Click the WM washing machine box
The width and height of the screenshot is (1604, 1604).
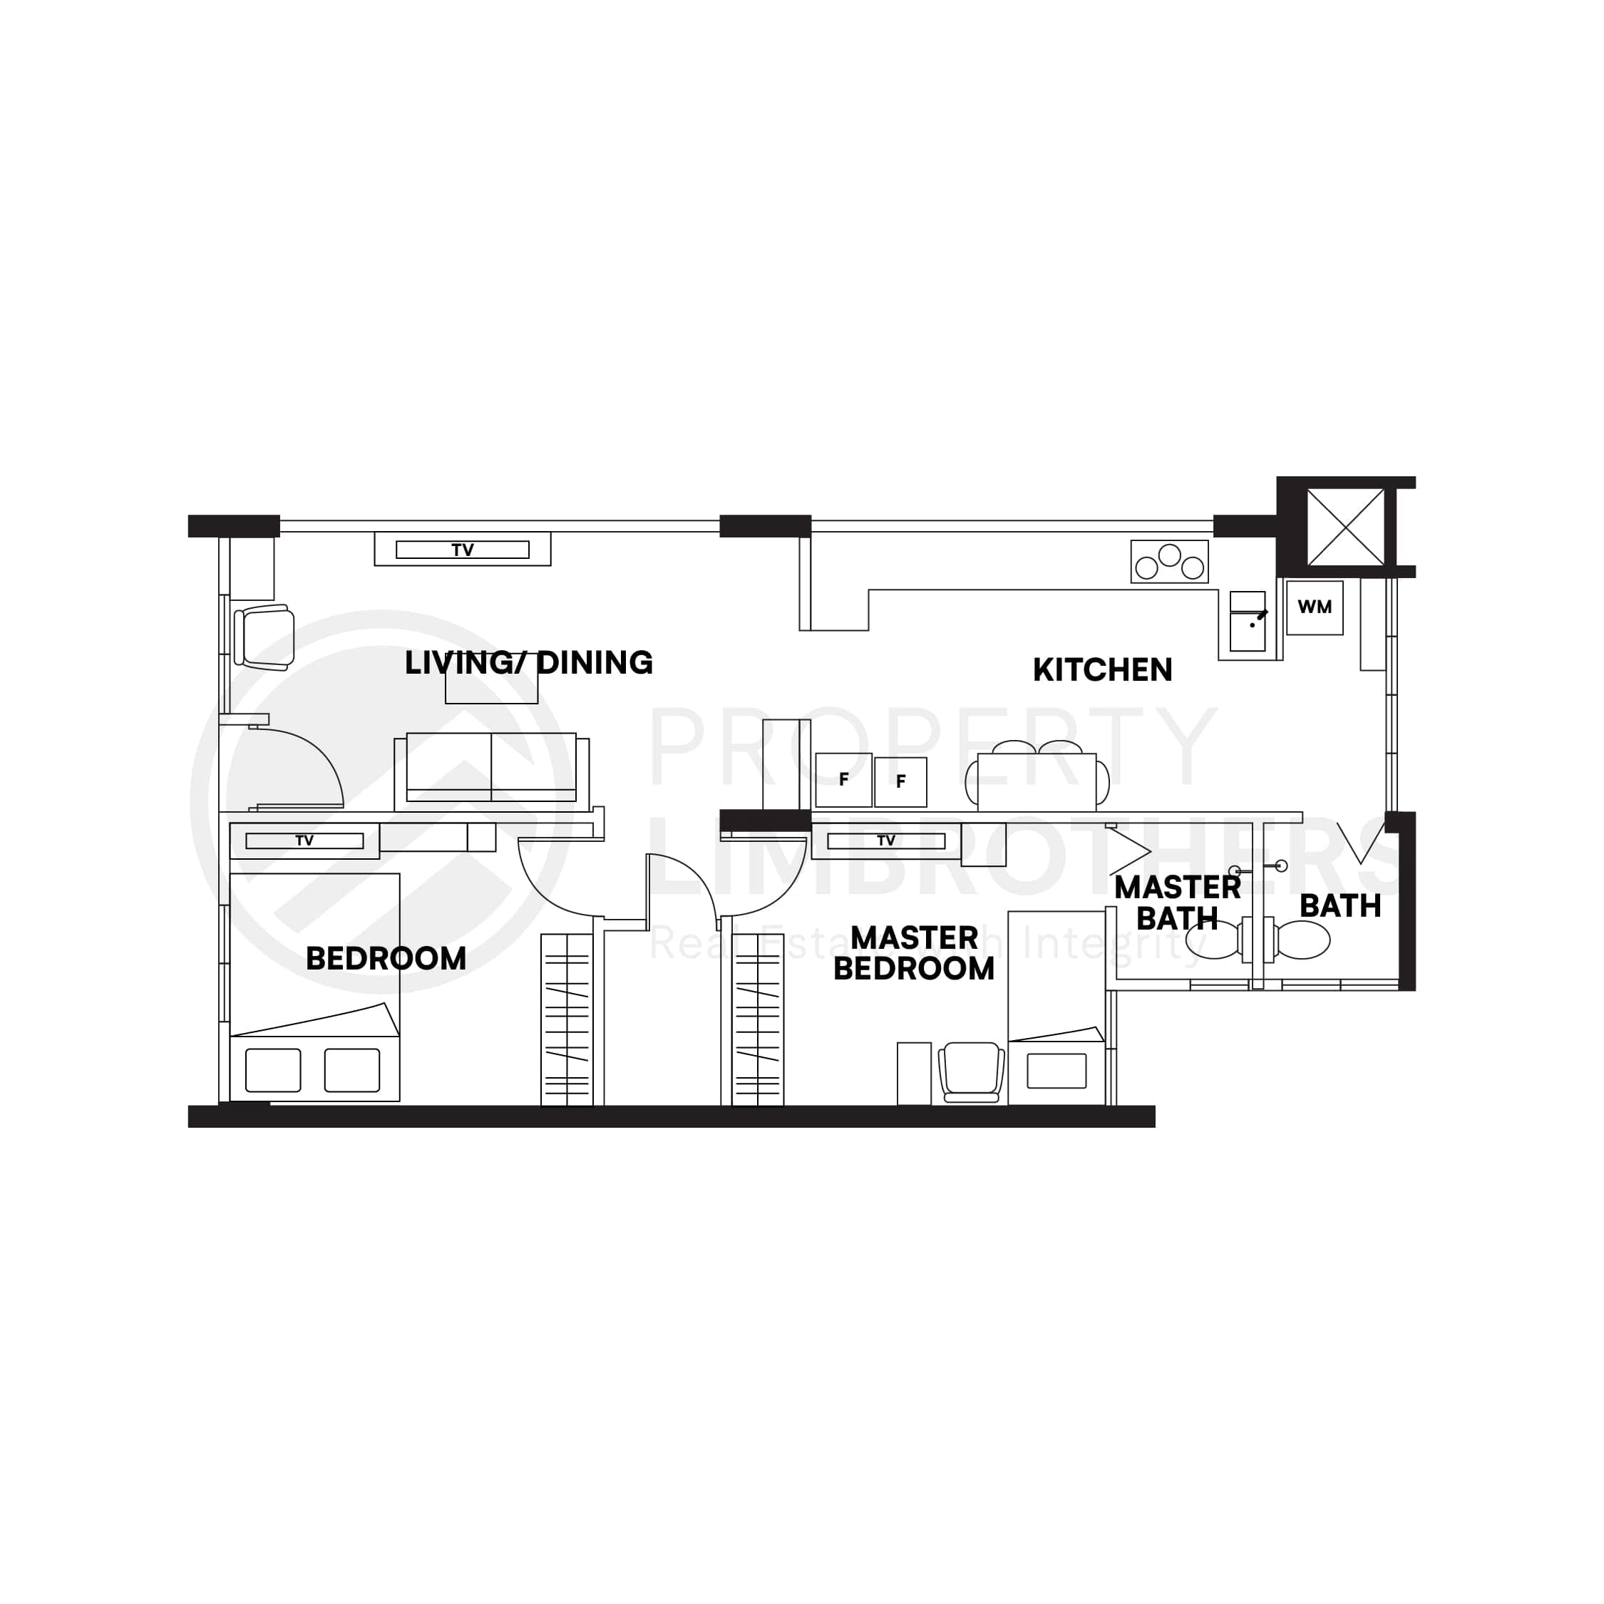point(1315,607)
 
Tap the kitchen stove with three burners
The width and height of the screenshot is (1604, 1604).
point(1169,561)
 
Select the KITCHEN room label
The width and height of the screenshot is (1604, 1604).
point(1101,670)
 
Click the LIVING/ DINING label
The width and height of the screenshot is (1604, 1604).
point(528,662)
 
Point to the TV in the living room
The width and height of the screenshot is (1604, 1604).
point(463,550)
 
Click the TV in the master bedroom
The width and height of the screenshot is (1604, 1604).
point(886,841)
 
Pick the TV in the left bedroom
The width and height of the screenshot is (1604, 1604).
point(304,841)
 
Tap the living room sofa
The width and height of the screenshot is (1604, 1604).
point(491,768)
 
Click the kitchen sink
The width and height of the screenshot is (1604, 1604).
point(1247,622)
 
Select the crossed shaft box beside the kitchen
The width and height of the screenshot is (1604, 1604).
point(1345,528)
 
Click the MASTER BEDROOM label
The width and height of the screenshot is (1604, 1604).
point(913,953)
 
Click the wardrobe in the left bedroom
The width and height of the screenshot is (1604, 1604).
point(567,1019)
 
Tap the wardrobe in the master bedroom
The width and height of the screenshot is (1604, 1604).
point(758,1019)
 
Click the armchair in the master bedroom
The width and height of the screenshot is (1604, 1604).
point(970,1071)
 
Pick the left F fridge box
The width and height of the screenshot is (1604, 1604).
point(843,780)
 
